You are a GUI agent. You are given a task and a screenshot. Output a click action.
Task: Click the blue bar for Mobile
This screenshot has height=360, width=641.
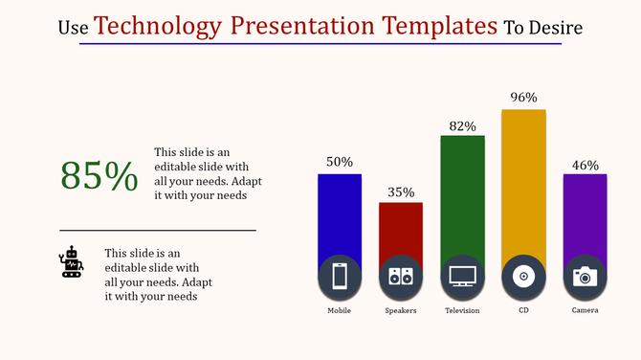339,214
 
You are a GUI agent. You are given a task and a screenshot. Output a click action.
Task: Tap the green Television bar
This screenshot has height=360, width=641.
462,195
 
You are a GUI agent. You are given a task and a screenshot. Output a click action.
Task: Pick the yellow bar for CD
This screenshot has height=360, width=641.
523,182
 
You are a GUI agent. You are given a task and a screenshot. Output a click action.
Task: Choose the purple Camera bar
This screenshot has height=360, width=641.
585,214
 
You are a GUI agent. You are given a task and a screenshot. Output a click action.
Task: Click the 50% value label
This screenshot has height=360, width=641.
340,162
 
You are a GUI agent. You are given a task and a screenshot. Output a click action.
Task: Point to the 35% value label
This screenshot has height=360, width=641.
401,191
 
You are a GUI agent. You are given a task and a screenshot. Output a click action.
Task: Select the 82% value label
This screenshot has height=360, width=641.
462,125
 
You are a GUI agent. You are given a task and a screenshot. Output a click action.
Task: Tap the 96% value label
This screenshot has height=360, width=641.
523,98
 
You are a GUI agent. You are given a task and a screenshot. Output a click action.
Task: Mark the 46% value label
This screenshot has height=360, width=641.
585,165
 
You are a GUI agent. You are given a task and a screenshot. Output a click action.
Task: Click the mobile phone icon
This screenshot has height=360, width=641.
340,277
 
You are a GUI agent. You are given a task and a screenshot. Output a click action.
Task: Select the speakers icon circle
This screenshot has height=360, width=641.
401,277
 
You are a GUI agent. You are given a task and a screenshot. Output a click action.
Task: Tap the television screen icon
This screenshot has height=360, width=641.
462,277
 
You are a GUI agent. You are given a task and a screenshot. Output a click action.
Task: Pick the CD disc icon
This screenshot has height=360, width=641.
523,277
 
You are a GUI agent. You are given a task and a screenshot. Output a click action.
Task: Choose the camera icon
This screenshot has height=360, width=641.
585,277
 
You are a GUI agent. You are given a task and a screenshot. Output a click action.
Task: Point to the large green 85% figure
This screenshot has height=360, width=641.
99,176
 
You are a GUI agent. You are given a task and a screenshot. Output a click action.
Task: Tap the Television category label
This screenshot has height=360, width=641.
462,311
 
